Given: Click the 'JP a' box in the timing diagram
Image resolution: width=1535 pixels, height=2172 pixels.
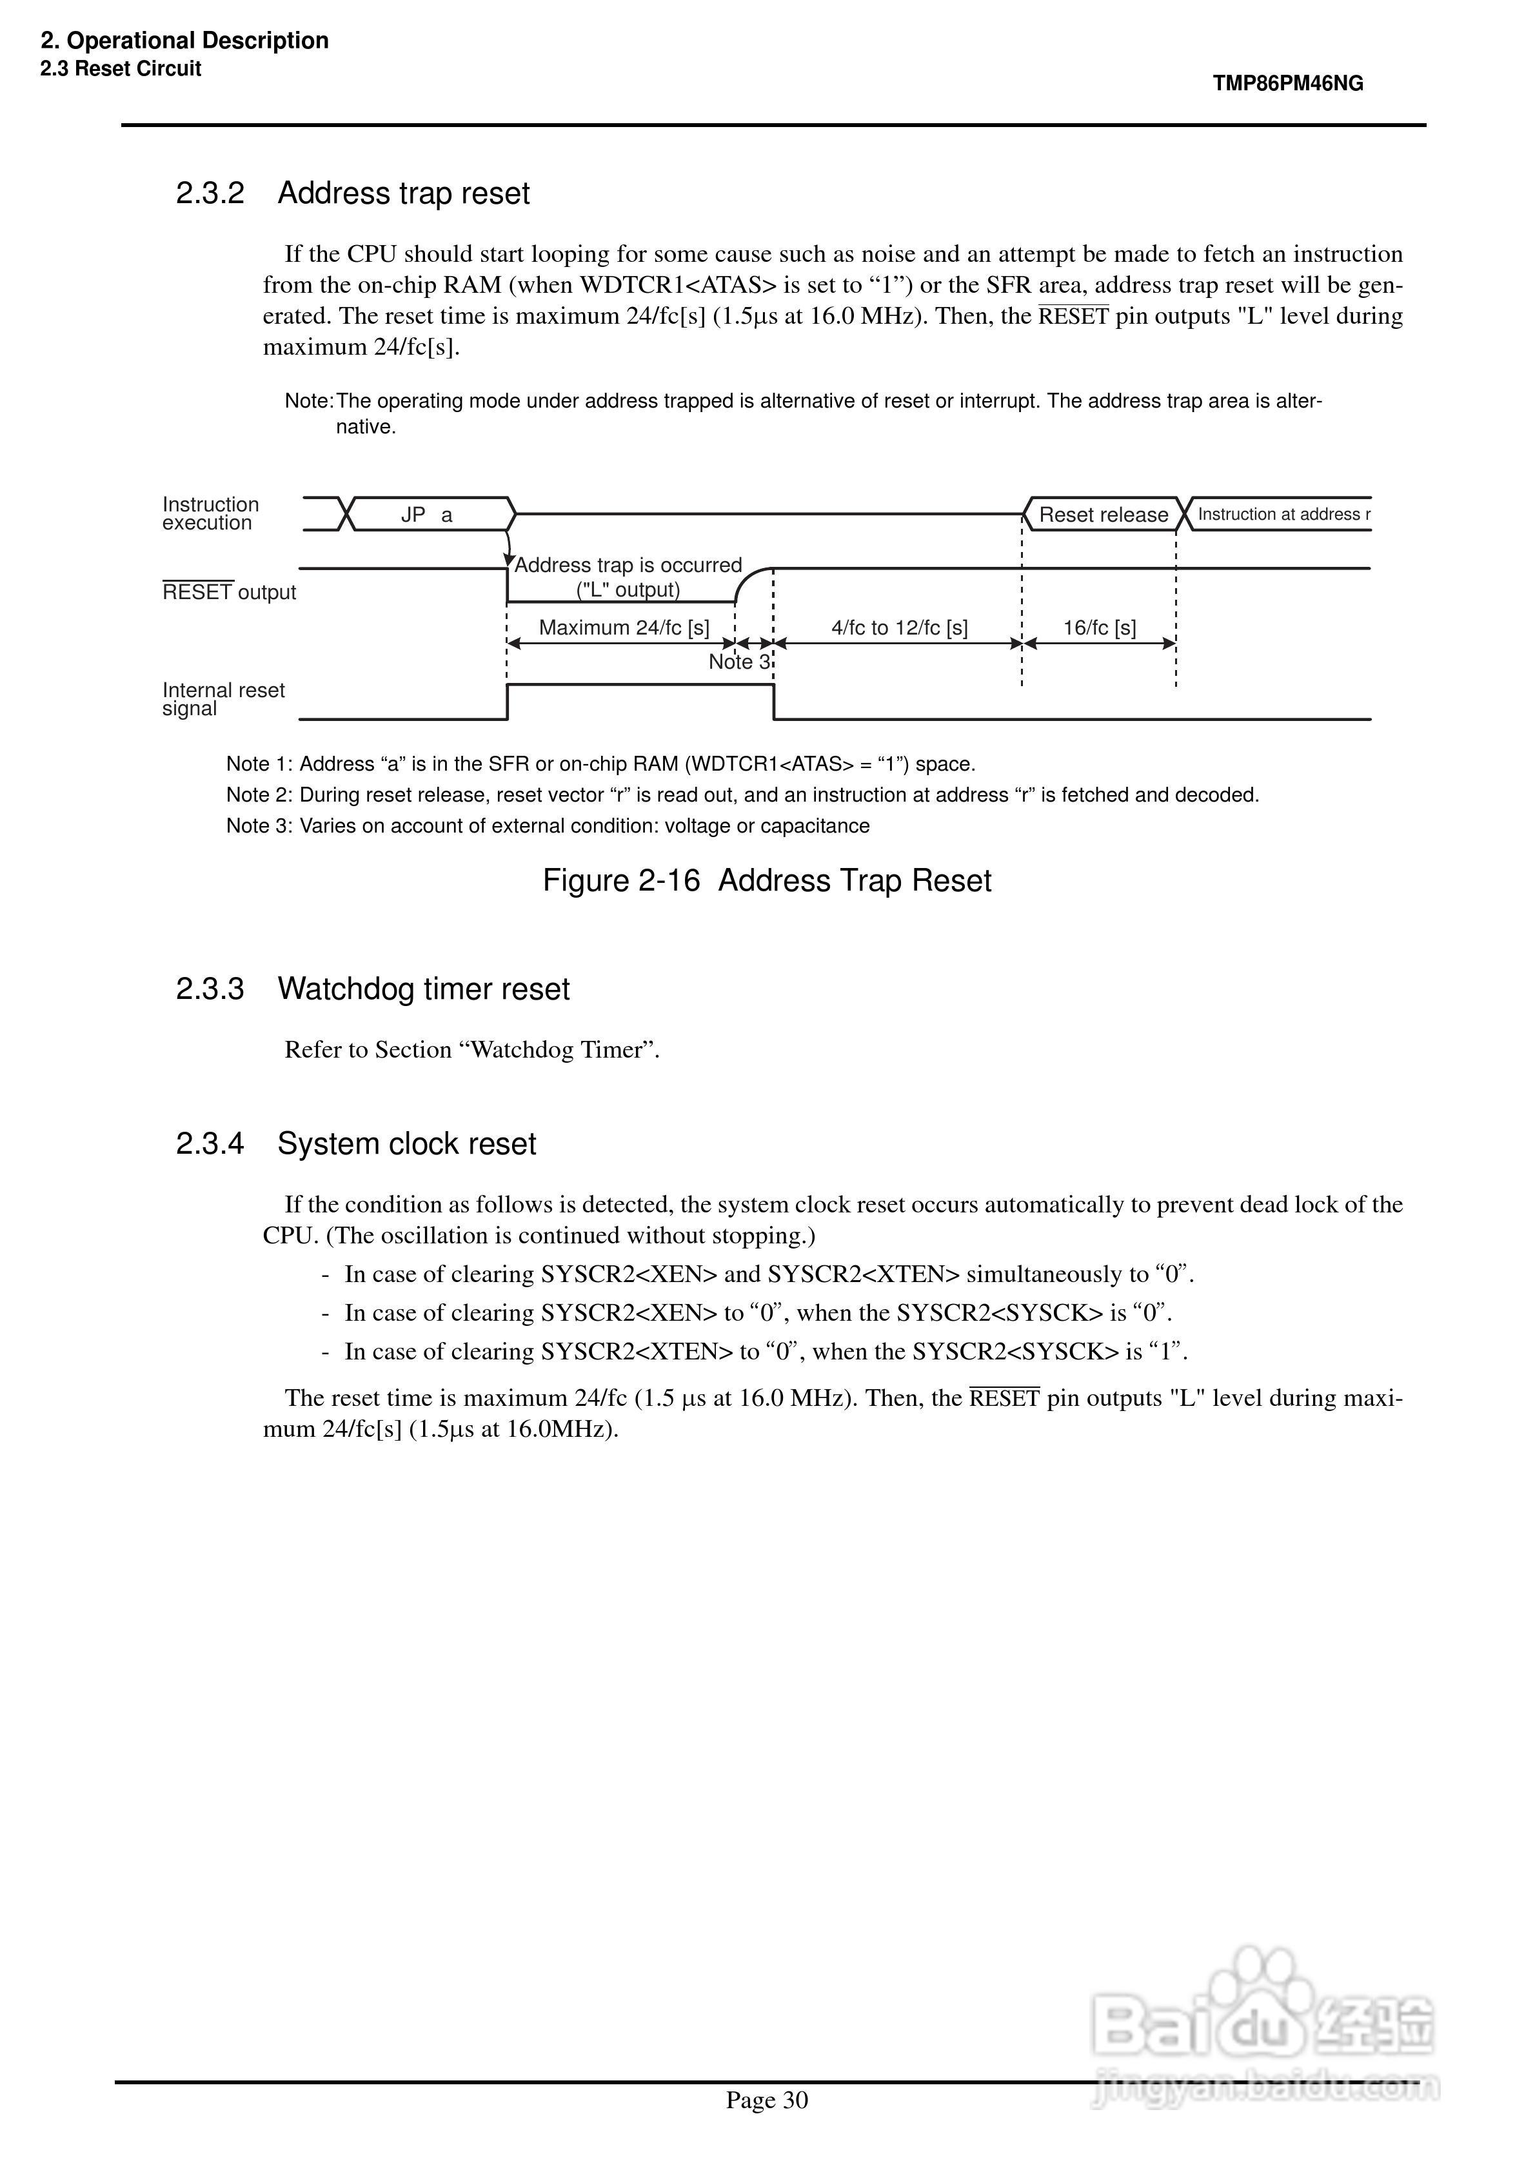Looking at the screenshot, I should [x=428, y=515].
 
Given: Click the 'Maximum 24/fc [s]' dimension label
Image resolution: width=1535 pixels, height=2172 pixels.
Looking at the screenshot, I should [x=624, y=627].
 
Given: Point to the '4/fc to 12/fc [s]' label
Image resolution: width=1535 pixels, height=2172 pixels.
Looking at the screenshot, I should [x=899, y=627].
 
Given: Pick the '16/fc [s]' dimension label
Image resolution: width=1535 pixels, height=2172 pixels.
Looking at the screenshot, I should [x=1099, y=627].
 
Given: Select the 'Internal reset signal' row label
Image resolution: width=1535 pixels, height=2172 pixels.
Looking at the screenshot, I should [x=223, y=699].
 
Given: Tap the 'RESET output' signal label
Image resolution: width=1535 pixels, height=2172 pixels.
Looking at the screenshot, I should [x=229, y=592].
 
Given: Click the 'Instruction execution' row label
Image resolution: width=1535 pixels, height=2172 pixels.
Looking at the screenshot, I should [x=210, y=514].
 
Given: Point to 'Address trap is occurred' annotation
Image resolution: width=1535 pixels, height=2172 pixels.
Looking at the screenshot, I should [x=628, y=566].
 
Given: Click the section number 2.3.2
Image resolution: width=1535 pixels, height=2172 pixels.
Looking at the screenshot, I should [x=210, y=193].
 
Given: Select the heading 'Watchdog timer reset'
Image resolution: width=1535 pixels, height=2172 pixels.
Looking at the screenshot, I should [x=423, y=989].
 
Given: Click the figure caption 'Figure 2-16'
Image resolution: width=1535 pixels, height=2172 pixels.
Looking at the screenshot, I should [x=621, y=881].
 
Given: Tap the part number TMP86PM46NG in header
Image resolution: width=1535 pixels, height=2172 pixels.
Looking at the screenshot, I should [x=1288, y=83].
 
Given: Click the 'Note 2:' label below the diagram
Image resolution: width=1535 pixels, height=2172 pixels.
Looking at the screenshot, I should [x=259, y=795].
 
